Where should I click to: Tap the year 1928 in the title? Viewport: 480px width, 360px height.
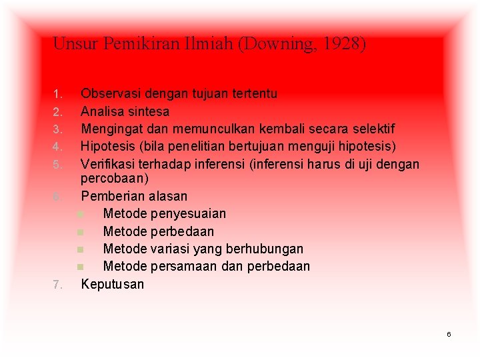(346, 45)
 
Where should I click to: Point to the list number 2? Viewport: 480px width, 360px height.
(57, 111)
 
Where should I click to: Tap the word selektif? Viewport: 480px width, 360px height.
(371, 129)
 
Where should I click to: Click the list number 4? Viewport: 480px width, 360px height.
(57, 146)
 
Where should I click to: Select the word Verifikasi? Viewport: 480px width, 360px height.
(109, 164)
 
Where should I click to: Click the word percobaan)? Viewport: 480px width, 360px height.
(115, 179)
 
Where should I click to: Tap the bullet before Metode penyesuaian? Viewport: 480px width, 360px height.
(80, 214)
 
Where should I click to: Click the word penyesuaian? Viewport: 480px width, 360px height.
(188, 214)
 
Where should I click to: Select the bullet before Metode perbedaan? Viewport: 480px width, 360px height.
(80, 232)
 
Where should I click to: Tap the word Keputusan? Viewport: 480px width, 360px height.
(112, 284)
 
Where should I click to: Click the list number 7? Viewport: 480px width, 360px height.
(57, 285)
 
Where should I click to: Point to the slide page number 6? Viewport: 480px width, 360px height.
(449, 333)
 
